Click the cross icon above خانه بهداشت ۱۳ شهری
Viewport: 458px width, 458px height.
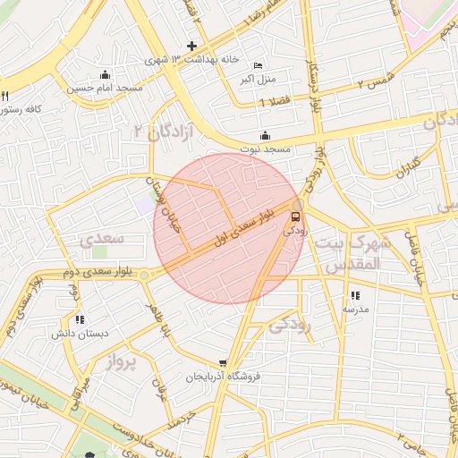click(x=191, y=46)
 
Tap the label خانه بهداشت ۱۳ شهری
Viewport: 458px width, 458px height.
click(x=195, y=59)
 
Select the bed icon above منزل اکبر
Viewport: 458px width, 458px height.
click(x=259, y=66)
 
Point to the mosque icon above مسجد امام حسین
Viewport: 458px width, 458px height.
click(x=106, y=75)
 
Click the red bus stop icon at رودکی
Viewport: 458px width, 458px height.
click(x=295, y=216)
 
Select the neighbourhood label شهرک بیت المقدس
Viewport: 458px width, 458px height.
click(x=359, y=253)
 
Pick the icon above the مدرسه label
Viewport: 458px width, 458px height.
click(x=355, y=295)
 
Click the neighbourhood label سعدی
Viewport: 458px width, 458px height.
click(x=101, y=240)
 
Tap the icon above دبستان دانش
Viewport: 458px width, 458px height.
click(x=80, y=319)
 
